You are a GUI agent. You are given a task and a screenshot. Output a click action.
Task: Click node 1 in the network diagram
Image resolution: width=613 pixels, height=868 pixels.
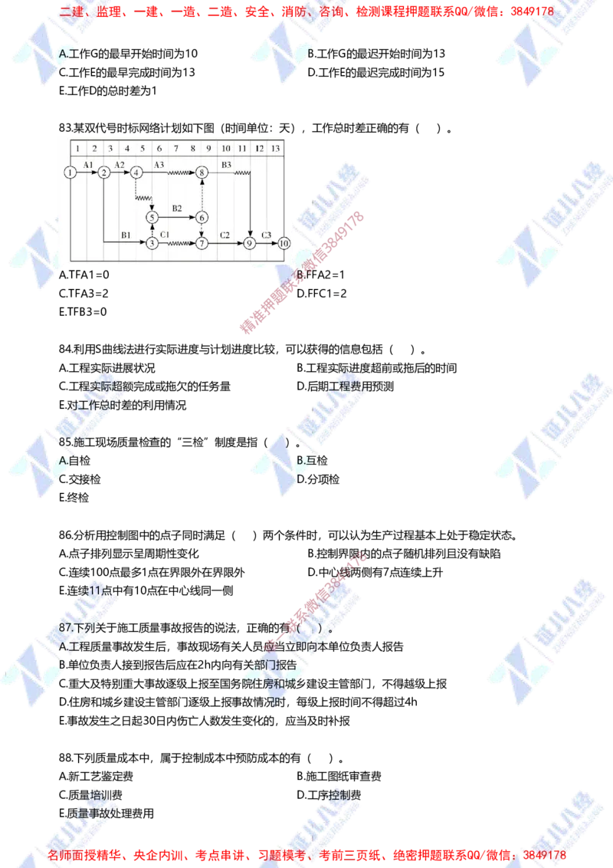click(70, 173)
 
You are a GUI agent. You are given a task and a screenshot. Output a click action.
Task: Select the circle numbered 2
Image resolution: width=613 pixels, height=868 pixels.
click(103, 173)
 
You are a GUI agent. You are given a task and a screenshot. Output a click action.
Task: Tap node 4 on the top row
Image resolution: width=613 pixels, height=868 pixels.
click(136, 173)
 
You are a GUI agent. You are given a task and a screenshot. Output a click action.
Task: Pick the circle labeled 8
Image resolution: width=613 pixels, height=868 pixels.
click(202, 173)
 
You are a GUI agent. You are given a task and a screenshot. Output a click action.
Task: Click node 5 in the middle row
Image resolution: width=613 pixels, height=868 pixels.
click(152, 218)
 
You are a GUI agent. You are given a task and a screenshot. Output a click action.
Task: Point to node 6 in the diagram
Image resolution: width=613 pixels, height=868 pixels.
click(202, 218)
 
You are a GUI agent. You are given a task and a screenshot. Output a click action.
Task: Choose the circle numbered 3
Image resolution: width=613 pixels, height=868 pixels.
click(152, 243)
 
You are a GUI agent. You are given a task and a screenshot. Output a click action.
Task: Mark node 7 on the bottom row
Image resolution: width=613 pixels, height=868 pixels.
click(202, 243)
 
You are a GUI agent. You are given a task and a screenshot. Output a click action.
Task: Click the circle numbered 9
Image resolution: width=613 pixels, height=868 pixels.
click(250, 243)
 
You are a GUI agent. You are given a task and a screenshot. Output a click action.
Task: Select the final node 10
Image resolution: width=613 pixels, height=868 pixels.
click(284, 243)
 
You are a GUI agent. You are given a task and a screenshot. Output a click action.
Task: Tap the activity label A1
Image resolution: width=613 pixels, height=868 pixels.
click(87, 165)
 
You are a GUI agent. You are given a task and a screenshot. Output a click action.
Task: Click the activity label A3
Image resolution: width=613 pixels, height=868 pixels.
click(159, 165)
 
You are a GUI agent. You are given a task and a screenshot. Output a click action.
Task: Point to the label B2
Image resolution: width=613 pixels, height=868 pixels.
click(177, 209)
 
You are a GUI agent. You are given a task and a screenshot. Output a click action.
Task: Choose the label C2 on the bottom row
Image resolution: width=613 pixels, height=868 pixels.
click(225, 234)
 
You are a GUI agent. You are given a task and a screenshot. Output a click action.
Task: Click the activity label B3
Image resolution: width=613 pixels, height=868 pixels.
click(226, 165)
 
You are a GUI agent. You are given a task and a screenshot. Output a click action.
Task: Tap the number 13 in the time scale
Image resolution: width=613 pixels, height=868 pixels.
click(276, 147)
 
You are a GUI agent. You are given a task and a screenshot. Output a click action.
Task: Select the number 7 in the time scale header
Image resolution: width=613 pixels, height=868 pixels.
click(176, 147)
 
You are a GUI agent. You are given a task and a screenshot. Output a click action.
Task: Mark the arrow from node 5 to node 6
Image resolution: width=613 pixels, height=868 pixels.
click(177, 218)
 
